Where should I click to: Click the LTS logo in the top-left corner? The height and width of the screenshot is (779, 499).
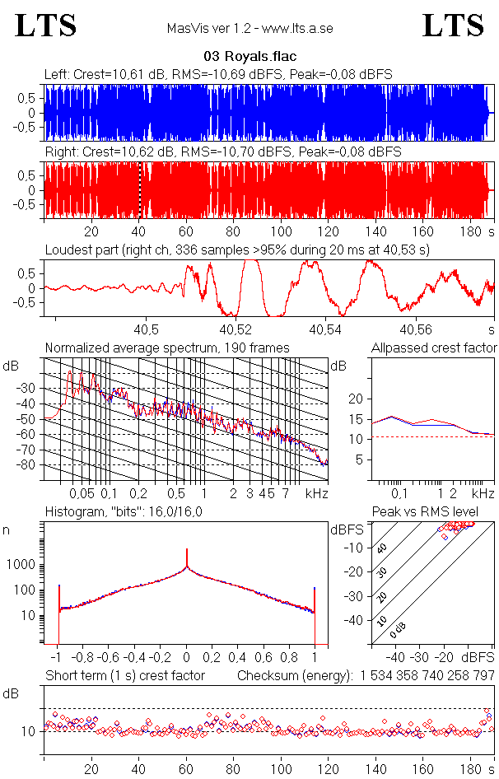tap(46, 26)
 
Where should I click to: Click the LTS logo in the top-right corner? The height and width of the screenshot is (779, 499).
tap(453, 26)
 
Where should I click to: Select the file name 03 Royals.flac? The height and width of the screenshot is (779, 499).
tap(249, 57)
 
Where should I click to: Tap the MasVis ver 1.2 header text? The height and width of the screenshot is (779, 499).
tap(249, 28)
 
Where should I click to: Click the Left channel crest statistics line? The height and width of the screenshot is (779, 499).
tap(218, 74)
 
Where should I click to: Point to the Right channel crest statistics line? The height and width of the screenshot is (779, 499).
tap(222, 152)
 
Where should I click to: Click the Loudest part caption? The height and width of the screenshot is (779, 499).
tap(237, 249)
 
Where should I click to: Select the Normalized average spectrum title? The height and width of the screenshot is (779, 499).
tap(167, 348)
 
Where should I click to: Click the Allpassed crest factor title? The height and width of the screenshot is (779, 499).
tap(434, 348)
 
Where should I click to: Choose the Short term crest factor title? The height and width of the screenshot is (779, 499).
tap(124, 675)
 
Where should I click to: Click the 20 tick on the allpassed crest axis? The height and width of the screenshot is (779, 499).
tap(356, 399)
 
